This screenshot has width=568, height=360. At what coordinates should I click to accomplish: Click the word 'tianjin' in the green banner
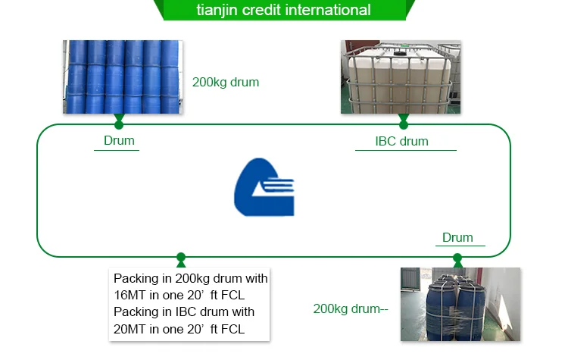(217, 10)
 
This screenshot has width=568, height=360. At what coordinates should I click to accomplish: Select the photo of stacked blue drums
(123, 77)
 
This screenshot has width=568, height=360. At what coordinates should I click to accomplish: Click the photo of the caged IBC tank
(401, 77)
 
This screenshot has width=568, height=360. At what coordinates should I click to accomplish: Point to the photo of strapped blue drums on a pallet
(460, 304)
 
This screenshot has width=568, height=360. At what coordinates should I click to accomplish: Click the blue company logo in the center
(264, 187)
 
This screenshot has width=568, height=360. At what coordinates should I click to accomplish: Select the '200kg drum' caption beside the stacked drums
(226, 83)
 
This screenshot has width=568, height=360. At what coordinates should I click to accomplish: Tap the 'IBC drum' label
(401, 141)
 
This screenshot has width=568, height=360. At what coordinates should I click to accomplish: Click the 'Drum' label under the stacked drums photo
(119, 141)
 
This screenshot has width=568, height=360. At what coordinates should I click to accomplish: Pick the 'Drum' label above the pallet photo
(457, 237)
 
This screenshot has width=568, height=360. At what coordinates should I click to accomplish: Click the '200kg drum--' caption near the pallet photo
(351, 309)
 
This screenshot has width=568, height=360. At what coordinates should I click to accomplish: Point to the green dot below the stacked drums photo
(119, 125)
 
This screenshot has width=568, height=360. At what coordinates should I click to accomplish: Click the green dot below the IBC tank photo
(404, 125)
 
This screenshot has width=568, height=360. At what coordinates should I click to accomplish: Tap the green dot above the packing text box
(181, 257)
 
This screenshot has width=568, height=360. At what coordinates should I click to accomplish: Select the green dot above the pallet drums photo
(457, 258)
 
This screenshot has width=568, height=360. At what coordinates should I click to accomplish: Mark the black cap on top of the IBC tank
(399, 54)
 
